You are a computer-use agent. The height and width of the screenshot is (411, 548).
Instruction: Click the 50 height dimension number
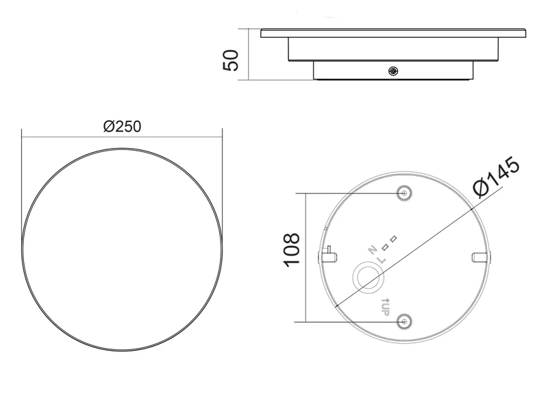point(231,60)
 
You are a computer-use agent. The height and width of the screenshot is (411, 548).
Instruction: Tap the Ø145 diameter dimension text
point(497,177)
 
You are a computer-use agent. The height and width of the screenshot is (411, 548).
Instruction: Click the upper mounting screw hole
point(405,193)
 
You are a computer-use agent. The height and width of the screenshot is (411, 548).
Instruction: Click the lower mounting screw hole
point(405,321)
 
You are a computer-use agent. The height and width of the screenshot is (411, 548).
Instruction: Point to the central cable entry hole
point(368,277)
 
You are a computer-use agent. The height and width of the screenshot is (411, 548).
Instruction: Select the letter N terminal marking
point(373,250)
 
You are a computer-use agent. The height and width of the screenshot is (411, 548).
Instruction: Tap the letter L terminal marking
point(382,260)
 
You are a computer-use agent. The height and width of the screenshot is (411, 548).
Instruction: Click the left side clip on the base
point(328,255)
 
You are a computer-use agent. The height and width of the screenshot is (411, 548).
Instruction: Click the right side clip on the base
point(480,256)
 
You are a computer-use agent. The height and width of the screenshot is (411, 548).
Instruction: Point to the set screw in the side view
point(393,71)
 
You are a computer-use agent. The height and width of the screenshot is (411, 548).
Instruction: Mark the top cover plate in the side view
point(393,32)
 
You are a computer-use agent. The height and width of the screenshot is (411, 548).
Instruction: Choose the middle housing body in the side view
point(393,49)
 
